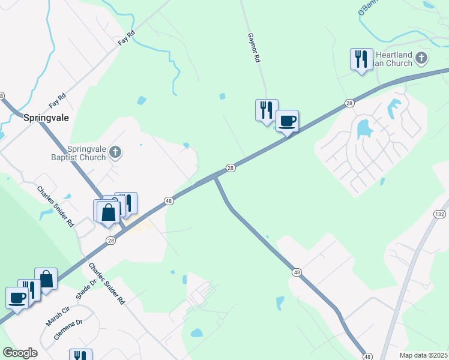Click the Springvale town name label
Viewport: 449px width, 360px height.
(x=46, y=118)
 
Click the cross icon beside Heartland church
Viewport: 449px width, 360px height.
(x=422, y=58)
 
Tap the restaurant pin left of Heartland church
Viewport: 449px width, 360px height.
(x=361, y=59)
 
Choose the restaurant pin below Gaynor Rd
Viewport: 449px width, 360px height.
(x=267, y=110)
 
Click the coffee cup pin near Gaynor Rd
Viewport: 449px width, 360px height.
(x=287, y=122)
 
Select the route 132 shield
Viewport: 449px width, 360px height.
(x=440, y=214)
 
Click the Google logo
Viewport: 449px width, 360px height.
(x=20, y=353)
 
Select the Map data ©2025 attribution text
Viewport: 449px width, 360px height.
(x=423, y=355)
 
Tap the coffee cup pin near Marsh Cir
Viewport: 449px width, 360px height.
(x=17, y=298)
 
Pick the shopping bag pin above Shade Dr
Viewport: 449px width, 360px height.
(x=46, y=280)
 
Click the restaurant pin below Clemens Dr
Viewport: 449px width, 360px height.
(x=80, y=355)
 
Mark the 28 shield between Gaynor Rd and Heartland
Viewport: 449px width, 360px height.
(x=349, y=104)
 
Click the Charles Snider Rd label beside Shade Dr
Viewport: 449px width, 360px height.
(x=107, y=283)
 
